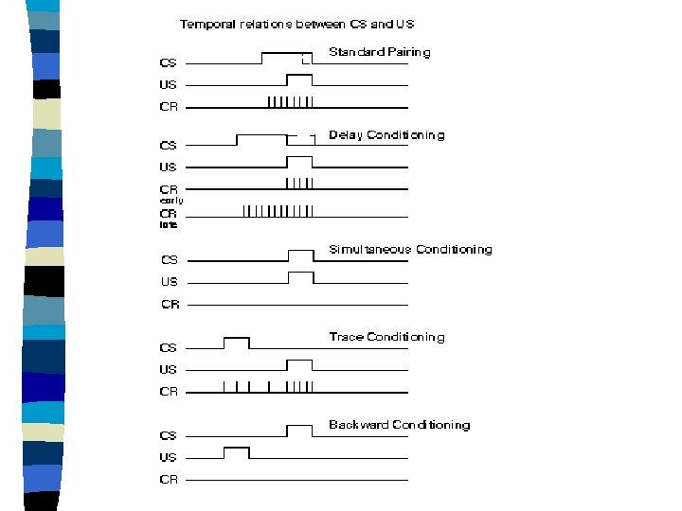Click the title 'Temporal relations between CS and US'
click(x=297, y=24)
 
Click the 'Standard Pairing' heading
click(x=379, y=53)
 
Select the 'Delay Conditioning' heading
click(x=386, y=135)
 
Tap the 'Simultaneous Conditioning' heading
click(x=410, y=250)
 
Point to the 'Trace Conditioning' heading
click(x=386, y=337)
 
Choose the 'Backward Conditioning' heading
click(x=399, y=425)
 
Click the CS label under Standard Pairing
click(x=168, y=63)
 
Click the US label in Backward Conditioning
click(x=168, y=457)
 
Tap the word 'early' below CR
click(x=170, y=201)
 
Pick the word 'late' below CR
click(x=168, y=225)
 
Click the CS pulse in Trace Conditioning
click(x=236, y=343)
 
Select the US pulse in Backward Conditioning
click(x=236, y=452)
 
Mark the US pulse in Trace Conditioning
click(x=299, y=365)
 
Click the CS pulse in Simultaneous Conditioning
click(x=299, y=255)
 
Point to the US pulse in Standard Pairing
click(x=299, y=79)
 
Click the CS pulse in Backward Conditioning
click(x=299, y=431)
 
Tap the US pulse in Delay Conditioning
click(x=299, y=162)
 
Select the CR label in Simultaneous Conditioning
click(x=170, y=305)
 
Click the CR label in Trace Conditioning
click(x=169, y=391)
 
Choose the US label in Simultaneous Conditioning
click(x=169, y=281)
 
